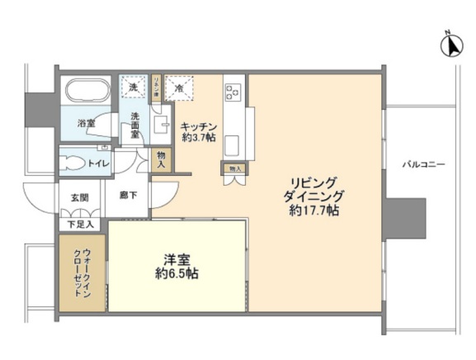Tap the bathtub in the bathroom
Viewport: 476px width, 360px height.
[x=90, y=92]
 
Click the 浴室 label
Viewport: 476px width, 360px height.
[x=87, y=124]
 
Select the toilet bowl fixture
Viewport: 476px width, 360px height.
[x=74, y=163]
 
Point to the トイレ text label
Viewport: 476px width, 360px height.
[x=99, y=164]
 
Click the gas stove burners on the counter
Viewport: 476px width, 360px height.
[x=232, y=90]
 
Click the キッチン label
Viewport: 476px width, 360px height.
[x=199, y=126]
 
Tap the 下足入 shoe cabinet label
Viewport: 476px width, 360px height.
[x=80, y=224]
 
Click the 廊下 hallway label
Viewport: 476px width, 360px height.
[x=127, y=196]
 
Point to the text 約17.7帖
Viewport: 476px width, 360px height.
[x=314, y=211]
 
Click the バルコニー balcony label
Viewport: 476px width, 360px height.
[x=423, y=164]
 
